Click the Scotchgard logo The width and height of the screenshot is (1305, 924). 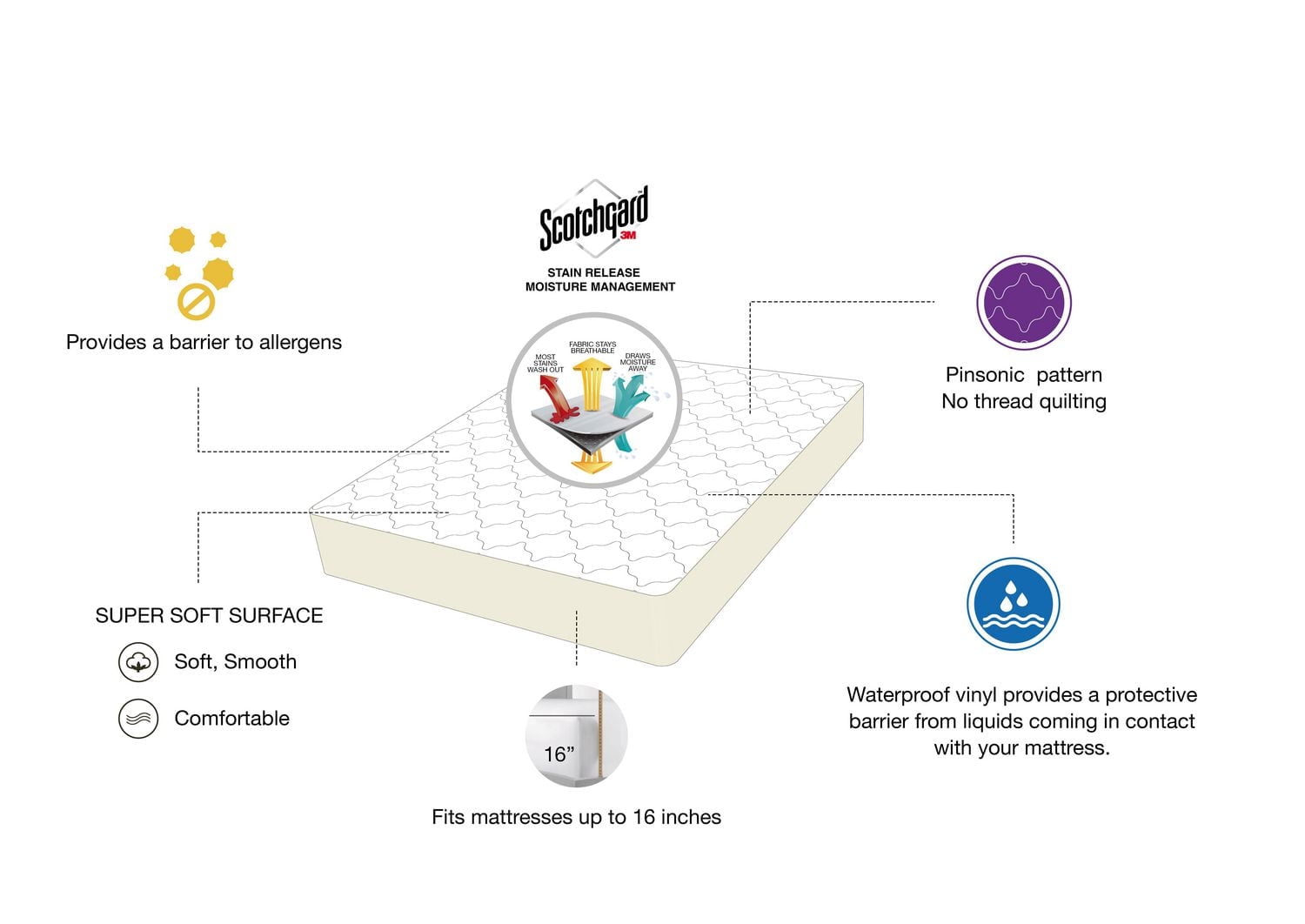(x=593, y=218)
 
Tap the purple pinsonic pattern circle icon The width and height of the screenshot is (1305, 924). (x=1023, y=303)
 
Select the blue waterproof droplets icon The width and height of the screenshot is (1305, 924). (x=1012, y=604)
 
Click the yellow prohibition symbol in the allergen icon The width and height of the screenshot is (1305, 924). (x=196, y=302)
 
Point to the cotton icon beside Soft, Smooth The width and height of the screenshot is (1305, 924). (x=138, y=662)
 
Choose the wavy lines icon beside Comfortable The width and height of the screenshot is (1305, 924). (x=138, y=719)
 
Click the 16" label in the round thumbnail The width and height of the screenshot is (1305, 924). (x=559, y=753)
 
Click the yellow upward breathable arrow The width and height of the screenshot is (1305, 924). (x=592, y=383)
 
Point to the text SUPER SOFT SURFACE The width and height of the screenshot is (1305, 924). (x=209, y=616)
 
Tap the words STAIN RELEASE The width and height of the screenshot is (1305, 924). (x=593, y=272)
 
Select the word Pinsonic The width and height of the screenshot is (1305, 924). (x=985, y=375)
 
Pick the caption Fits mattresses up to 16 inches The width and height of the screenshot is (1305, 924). (x=576, y=817)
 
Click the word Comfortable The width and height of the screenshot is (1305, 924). (x=231, y=719)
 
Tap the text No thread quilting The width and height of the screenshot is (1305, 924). (x=1023, y=402)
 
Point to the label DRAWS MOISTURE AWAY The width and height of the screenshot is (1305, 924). (x=638, y=362)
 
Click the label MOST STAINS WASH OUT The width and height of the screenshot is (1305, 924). (x=545, y=363)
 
